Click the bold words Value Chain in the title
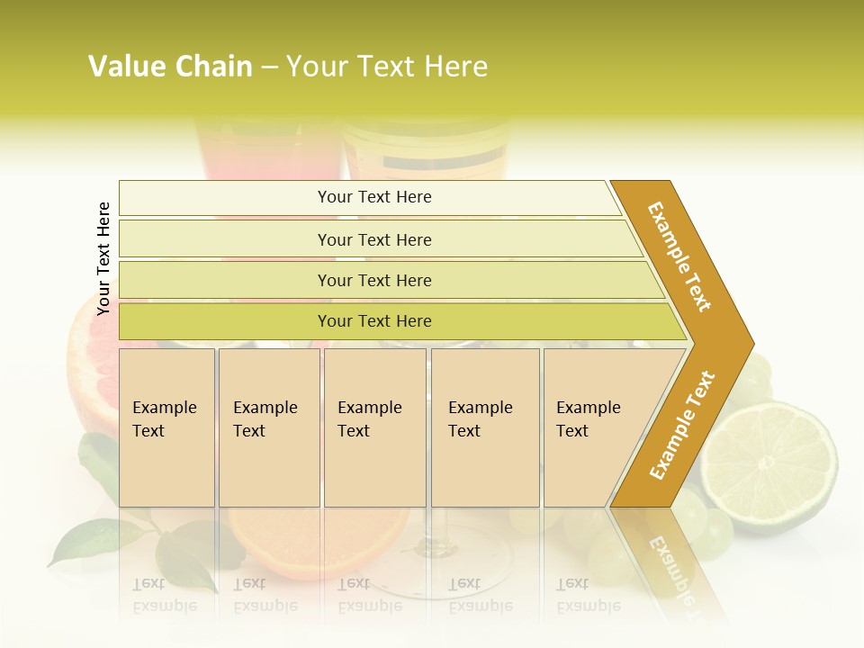coord(170,67)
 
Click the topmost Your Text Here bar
coord(373,197)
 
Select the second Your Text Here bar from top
coord(373,239)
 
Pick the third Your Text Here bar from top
coord(373,280)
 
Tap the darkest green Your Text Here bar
coord(373,321)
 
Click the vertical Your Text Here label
coord(103,258)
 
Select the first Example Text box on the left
coord(166,427)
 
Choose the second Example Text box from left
coord(268,427)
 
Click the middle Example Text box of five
coord(374,427)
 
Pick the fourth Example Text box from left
coord(485,427)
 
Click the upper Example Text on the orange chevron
coord(679,256)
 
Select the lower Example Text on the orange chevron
coord(681,425)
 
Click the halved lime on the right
coord(770,468)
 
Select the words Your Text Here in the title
coord(387,67)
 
